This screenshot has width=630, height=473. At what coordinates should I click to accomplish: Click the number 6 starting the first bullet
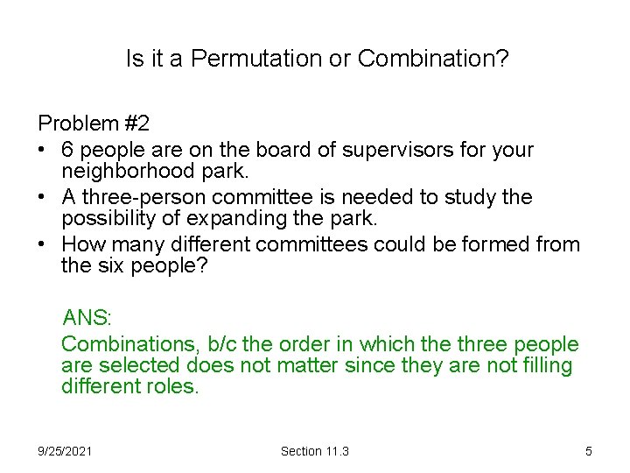pyautogui.click(x=67, y=150)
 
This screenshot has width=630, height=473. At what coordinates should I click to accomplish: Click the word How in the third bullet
pyautogui.click(x=82, y=244)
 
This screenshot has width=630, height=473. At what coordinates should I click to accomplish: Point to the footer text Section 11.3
pyautogui.click(x=314, y=451)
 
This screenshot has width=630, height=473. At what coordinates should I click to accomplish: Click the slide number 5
pyautogui.click(x=589, y=451)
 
